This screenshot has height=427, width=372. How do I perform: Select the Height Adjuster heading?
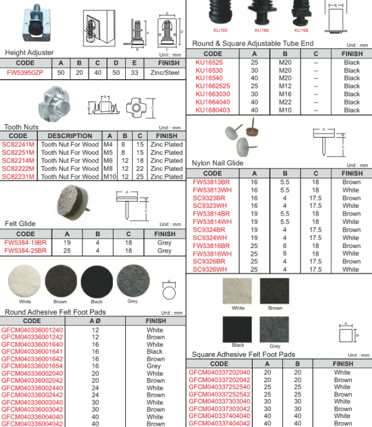pyautogui.click(x=29, y=53)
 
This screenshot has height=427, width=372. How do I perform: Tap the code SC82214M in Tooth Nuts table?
pyautogui.click(x=19, y=161)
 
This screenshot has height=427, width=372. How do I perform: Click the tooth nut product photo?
pyautogui.click(x=56, y=102)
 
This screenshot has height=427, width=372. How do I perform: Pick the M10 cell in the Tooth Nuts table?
pyautogui.click(x=109, y=177)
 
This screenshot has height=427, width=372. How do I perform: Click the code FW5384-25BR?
pyautogui.click(x=25, y=250)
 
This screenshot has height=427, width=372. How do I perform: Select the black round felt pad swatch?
pyautogui.click(x=96, y=281)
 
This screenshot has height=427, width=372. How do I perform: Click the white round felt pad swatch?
pyautogui.click(x=25, y=281)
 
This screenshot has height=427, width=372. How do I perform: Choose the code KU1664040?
pyautogui.click(x=214, y=102)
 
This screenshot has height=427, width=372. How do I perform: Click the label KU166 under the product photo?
pyautogui.click(x=261, y=30)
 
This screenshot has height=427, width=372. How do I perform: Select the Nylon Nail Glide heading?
pyautogui.click(x=217, y=163)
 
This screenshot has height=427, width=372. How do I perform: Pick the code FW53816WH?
pyautogui.click(x=214, y=253)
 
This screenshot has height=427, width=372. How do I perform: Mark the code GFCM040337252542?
pyautogui.click(x=220, y=394)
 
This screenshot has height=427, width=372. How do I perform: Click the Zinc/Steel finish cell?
pyautogui.click(x=165, y=73)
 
